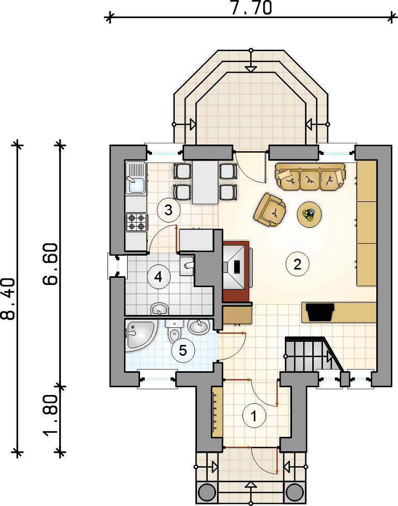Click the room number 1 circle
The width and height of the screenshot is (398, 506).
pos(254,416)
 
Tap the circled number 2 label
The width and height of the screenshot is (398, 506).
pos(298,264)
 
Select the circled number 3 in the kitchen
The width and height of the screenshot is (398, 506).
pos(169,210)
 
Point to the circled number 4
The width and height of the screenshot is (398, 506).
pos(158,277)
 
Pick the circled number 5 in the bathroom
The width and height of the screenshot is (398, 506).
pos(183,351)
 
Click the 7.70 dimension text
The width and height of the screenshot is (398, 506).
pos(251,8)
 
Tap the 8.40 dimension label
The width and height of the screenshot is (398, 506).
pos(8,299)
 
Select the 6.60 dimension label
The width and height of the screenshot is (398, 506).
pos(51,264)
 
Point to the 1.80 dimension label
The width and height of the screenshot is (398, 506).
pos(51,415)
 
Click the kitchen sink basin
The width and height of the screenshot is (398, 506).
pos(136,185)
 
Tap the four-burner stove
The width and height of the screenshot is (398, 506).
pos(136,222)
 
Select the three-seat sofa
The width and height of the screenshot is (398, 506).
pos(310,177)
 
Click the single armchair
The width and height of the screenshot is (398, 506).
pos(270,210)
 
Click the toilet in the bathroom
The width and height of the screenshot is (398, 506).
pos(174,331)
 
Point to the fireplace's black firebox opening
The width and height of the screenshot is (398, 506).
pos(237,266)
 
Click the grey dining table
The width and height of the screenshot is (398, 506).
pos(205,182)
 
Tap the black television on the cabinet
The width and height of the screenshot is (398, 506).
pos(320,312)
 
